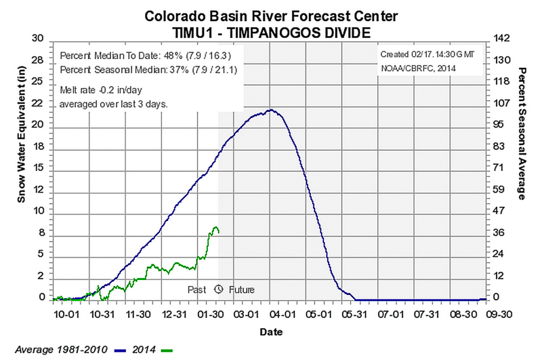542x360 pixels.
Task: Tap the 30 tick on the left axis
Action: [x=39, y=38]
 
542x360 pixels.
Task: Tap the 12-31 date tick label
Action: [x=175, y=315]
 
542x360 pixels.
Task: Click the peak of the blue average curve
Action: [x=271, y=110]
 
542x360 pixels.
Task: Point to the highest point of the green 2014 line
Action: [x=215, y=227]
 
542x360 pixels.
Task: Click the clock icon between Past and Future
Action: [x=219, y=289]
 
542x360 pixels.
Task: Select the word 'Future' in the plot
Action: [x=241, y=289]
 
